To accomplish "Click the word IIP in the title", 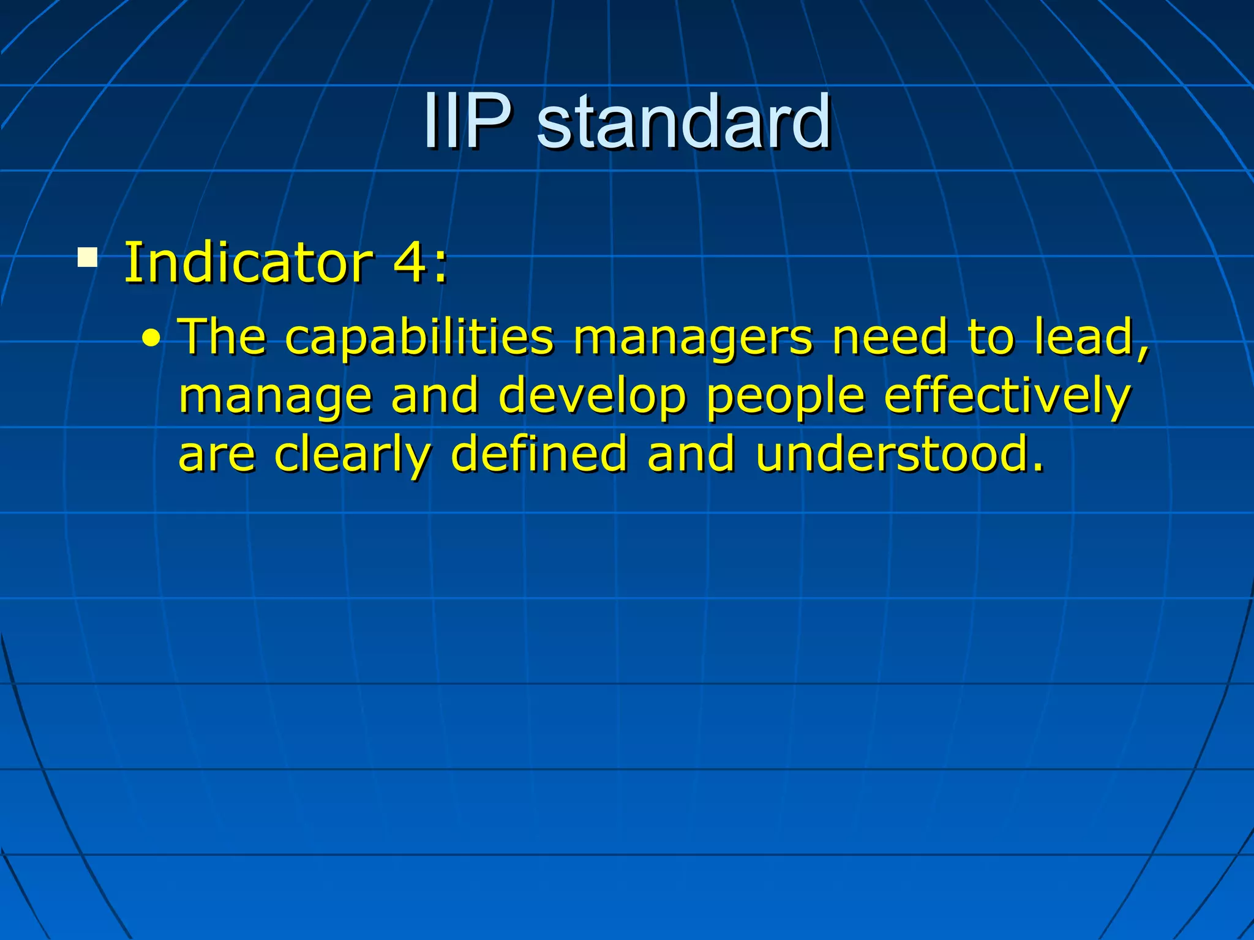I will pyautogui.click(x=467, y=121).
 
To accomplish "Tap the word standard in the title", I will pyautogui.click(x=683, y=121).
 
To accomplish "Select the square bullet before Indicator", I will pyautogui.click(x=87, y=257).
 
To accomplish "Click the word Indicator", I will pyautogui.click(x=248, y=263).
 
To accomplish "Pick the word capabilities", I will pyautogui.click(x=419, y=337).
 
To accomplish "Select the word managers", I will pyautogui.click(x=694, y=337).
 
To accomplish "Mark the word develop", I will pyautogui.click(x=593, y=397).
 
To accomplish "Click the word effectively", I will pyautogui.click(x=1007, y=397).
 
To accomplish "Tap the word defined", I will pyautogui.click(x=539, y=454).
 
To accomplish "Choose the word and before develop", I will pyautogui.click(x=435, y=395).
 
